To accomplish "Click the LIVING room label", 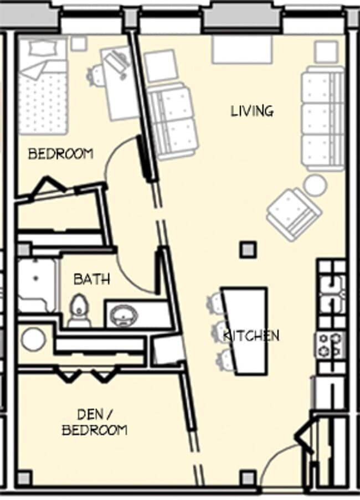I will [x=252, y=111].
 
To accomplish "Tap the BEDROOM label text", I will [x=60, y=154].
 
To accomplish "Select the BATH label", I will [x=91, y=279].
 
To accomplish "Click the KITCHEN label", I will [x=251, y=336].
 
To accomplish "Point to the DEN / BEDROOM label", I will [x=94, y=422].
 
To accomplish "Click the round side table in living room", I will [x=315, y=185].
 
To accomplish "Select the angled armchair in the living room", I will [x=294, y=214].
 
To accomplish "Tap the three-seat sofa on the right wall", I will [x=322, y=118].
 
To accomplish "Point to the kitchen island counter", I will [x=245, y=329].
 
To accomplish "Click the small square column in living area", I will [x=248, y=250].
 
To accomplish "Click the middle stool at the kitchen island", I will [x=220, y=332].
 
